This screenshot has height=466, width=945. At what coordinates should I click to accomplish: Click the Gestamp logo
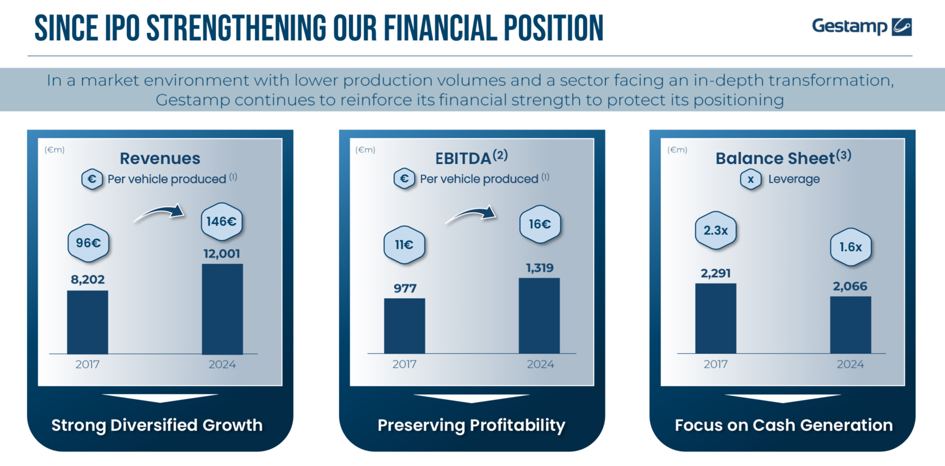pyautogui.click(x=862, y=26)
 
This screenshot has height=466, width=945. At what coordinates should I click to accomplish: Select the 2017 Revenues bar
pyautogui.click(x=88, y=322)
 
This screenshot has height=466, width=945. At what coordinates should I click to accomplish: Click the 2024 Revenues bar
pyautogui.click(x=222, y=309)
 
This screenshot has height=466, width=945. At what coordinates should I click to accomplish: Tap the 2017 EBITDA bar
pyautogui.click(x=405, y=326)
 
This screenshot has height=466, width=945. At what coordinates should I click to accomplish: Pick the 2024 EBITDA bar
pyautogui.click(x=539, y=316)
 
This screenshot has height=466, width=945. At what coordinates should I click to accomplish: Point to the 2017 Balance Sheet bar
pyautogui.click(x=716, y=318)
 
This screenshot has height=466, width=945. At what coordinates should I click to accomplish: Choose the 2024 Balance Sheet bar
pyautogui.click(x=851, y=325)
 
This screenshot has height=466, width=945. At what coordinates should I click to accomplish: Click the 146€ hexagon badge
pyautogui.click(x=222, y=222)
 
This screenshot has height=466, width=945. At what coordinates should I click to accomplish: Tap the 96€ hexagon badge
pyautogui.click(x=88, y=243)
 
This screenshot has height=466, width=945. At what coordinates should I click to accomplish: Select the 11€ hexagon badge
pyautogui.click(x=404, y=245)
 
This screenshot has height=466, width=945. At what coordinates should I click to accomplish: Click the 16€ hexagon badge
pyautogui.click(x=540, y=224)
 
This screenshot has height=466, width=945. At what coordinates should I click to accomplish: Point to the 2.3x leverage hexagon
pyautogui.click(x=716, y=231)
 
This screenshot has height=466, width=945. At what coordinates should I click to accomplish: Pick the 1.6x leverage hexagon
pyautogui.click(x=851, y=247)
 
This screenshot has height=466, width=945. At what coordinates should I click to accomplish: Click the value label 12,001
pyautogui.click(x=222, y=254)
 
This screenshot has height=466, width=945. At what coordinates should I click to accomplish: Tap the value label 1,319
pyautogui.click(x=539, y=268)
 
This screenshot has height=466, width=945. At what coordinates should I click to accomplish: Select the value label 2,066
pyautogui.click(x=850, y=286)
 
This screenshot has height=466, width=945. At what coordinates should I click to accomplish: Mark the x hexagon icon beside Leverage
pyautogui.click(x=751, y=180)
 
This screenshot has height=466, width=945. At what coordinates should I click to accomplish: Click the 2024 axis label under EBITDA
pyautogui.click(x=540, y=364)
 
